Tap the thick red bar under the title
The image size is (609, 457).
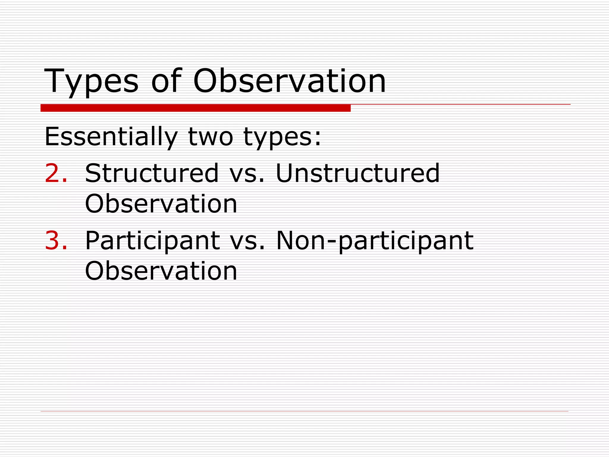[x=195, y=108]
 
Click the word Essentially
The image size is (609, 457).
[x=111, y=137]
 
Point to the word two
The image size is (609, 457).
[x=211, y=137]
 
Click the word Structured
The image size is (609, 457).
[x=152, y=173]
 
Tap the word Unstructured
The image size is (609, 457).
[x=357, y=173]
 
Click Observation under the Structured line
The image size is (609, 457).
[x=161, y=204]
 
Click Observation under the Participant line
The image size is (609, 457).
[x=161, y=271]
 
